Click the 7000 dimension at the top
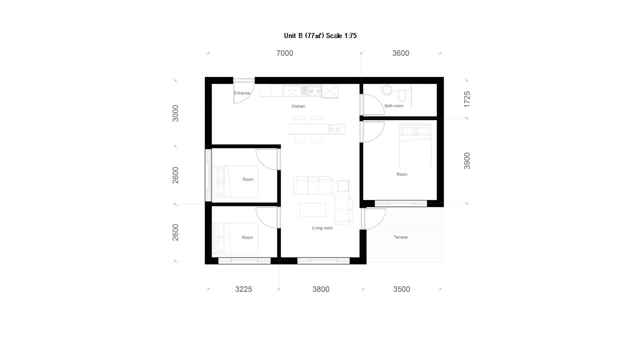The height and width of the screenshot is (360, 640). click(x=284, y=53)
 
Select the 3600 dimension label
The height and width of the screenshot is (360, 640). click(x=400, y=53)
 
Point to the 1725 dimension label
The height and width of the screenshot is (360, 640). click(x=467, y=99)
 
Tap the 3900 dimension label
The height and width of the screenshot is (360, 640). click(x=467, y=161)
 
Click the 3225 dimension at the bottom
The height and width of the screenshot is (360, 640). click(x=243, y=289)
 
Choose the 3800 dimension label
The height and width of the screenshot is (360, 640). click(x=321, y=289)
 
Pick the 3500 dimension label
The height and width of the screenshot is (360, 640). click(x=401, y=289)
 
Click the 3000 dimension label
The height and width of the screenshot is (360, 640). click(x=175, y=113)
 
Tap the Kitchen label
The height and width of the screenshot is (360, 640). click(x=298, y=106)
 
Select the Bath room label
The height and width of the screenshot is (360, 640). click(x=393, y=105)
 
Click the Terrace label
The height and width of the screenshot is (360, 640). click(x=400, y=237)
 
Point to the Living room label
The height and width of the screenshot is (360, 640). click(x=322, y=228)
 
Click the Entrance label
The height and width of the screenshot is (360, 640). click(x=241, y=93)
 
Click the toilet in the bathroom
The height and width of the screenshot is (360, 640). click(x=401, y=95)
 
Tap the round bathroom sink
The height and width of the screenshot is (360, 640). click(x=386, y=89)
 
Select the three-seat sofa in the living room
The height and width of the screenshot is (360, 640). click(x=313, y=185)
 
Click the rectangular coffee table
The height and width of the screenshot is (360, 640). click(x=312, y=209)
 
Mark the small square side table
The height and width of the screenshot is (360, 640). click(x=343, y=186)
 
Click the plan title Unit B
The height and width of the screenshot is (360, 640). click(x=293, y=35)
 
